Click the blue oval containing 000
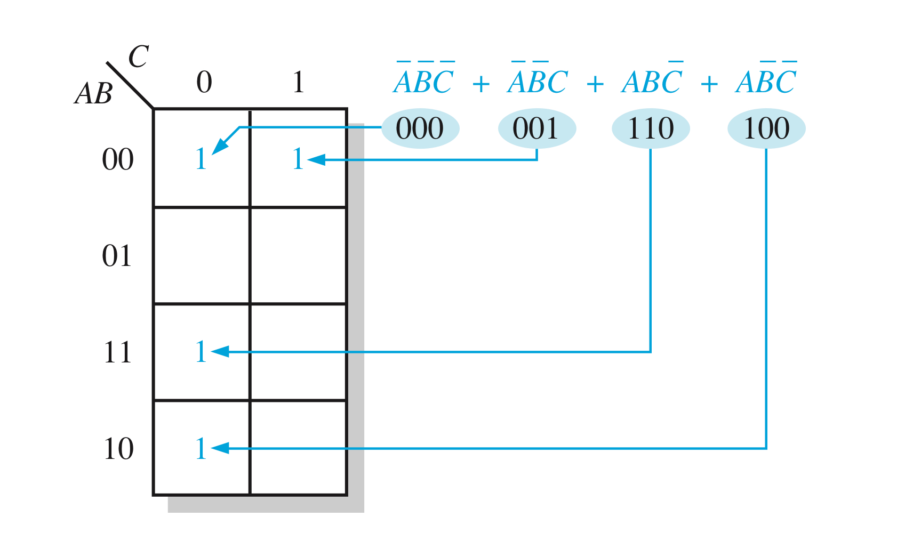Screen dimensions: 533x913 [420, 128]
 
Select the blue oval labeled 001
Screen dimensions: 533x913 [536, 128]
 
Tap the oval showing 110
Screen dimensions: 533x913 [651, 128]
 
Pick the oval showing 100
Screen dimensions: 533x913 [766, 128]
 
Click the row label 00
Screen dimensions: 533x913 [117, 159]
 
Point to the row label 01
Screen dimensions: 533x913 [117, 256]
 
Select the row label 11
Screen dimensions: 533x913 [117, 352]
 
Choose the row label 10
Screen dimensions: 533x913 [118, 449]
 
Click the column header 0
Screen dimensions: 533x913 [204, 82]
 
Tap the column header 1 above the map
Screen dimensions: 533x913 [298, 82]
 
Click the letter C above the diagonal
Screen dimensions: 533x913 [138, 56]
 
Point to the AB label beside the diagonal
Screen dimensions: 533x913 [94, 93]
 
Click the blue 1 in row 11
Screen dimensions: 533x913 [201, 352]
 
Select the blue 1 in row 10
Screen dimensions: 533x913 [201, 449]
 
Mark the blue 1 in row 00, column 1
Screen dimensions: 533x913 [298, 159]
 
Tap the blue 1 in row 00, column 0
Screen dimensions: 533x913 [201, 159]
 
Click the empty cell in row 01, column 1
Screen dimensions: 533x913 [298, 256]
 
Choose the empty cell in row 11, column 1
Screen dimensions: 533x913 [298, 352]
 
